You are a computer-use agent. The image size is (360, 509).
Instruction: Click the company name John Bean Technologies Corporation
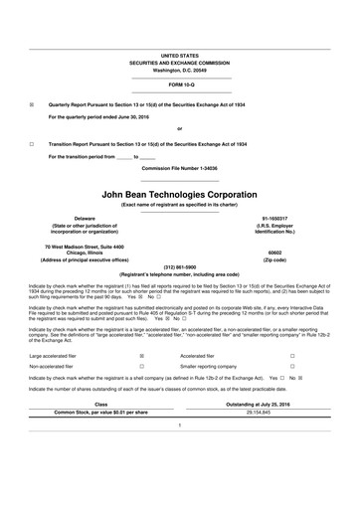tap(179, 194)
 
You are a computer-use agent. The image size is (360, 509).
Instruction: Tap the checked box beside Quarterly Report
tap(32, 103)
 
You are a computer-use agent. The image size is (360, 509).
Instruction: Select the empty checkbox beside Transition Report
tap(32, 144)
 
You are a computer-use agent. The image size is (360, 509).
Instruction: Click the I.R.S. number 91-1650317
tap(274, 217)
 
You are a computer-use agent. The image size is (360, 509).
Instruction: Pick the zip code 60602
tap(274, 253)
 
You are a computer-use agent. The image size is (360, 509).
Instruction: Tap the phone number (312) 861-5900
tap(179, 267)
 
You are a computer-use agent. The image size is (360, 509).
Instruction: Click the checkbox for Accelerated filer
tap(291, 354)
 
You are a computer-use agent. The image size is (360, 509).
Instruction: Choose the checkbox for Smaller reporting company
tap(291, 366)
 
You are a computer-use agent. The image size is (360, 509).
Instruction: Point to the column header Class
tap(100, 403)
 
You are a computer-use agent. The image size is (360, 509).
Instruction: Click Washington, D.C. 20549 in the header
tap(179, 71)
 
